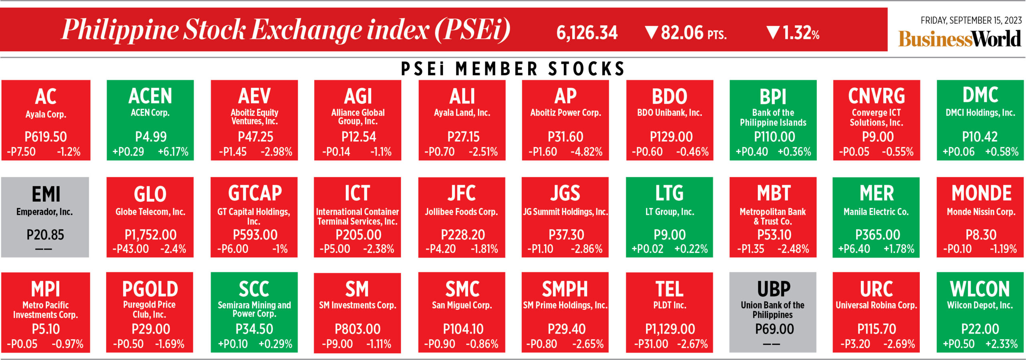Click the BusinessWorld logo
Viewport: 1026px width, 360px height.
click(x=959, y=39)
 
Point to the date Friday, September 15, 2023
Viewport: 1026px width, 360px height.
click(x=971, y=20)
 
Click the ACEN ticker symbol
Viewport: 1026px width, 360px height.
click(x=150, y=96)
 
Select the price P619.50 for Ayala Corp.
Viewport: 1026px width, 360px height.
click(x=46, y=137)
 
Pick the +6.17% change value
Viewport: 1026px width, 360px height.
click(x=173, y=152)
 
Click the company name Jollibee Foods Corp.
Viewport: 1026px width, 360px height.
click(x=461, y=212)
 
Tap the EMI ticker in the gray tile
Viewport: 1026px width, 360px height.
click(x=46, y=194)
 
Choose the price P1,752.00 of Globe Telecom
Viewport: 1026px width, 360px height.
click(x=150, y=235)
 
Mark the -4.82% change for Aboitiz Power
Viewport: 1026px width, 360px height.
click(x=586, y=152)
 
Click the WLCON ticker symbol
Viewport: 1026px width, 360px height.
click(x=980, y=289)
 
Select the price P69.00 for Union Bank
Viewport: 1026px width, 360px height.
click(x=774, y=329)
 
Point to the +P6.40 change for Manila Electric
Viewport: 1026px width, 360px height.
click(x=854, y=249)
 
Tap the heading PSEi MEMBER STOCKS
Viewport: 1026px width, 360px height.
click(x=513, y=69)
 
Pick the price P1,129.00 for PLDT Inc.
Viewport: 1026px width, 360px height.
click(x=670, y=329)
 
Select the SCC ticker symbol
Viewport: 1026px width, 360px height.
click(x=254, y=289)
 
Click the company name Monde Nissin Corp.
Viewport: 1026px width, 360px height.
click(x=981, y=212)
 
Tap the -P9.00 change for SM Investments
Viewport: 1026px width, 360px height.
click(x=337, y=344)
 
